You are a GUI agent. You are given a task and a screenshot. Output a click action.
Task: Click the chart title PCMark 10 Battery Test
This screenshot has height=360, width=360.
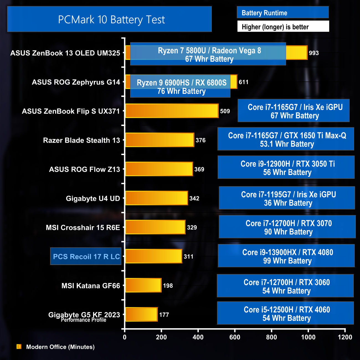[x=111, y=20]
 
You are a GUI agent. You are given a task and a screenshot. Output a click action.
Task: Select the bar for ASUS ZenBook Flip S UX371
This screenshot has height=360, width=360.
[x=172, y=111]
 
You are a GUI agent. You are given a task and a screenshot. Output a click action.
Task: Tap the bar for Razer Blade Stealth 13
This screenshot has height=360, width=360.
[x=160, y=140]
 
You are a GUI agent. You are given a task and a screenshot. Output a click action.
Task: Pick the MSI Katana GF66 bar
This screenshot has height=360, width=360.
[x=143, y=285]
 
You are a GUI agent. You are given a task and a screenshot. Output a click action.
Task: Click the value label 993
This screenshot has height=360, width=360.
[x=314, y=53]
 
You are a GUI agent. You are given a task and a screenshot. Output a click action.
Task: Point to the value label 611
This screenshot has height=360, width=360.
[x=243, y=82]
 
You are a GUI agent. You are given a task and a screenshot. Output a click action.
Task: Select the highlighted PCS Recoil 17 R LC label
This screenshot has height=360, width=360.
[x=86, y=256]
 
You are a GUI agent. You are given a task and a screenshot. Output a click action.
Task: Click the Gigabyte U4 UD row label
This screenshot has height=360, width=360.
[x=93, y=198]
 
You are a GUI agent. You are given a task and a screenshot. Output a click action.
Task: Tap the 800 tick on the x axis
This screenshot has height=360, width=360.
[x=271, y=337]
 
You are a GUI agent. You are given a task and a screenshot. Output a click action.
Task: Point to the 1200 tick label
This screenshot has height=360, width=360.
[x=345, y=337]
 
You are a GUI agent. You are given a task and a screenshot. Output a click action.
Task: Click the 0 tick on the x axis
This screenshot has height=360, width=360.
[x=125, y=337]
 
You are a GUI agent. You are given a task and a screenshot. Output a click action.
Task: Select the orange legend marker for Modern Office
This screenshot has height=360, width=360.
[x=19, y=346]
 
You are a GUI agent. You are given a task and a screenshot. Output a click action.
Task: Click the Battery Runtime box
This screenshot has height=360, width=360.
[x=282, y=13]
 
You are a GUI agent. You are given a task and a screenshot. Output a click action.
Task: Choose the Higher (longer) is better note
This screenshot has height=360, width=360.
[x=283, y=27]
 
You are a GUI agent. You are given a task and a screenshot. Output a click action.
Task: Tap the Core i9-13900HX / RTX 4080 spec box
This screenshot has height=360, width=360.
[x=286, y=256]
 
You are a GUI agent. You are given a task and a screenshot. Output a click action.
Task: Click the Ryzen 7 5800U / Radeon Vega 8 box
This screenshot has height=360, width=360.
[x=208, y=54]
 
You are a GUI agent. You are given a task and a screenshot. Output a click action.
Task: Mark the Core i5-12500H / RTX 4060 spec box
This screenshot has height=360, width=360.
[x=285, y=313]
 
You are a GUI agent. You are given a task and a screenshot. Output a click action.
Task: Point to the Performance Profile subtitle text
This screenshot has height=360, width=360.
[x=83, y=320]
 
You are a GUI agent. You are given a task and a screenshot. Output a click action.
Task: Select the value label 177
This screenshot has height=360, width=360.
[x=164, y=315]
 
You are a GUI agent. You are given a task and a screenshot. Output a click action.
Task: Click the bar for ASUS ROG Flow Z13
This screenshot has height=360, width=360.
[x=159, y=169]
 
